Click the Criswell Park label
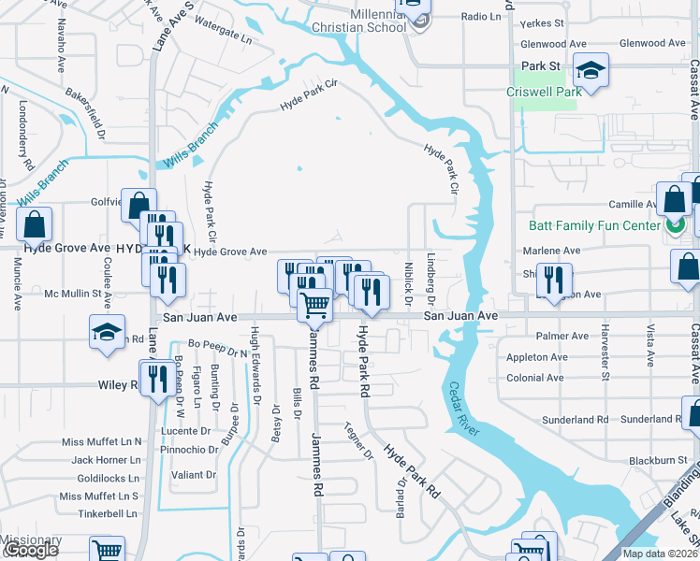(x=544, y=92)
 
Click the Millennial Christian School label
(x=362, y=21)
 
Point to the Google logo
(x=30, y=551)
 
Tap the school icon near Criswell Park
(x=591, y=70)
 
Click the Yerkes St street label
(x=542, y=22)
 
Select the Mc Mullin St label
(x=73, y=294)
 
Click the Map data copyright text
(x=660, y=554)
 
